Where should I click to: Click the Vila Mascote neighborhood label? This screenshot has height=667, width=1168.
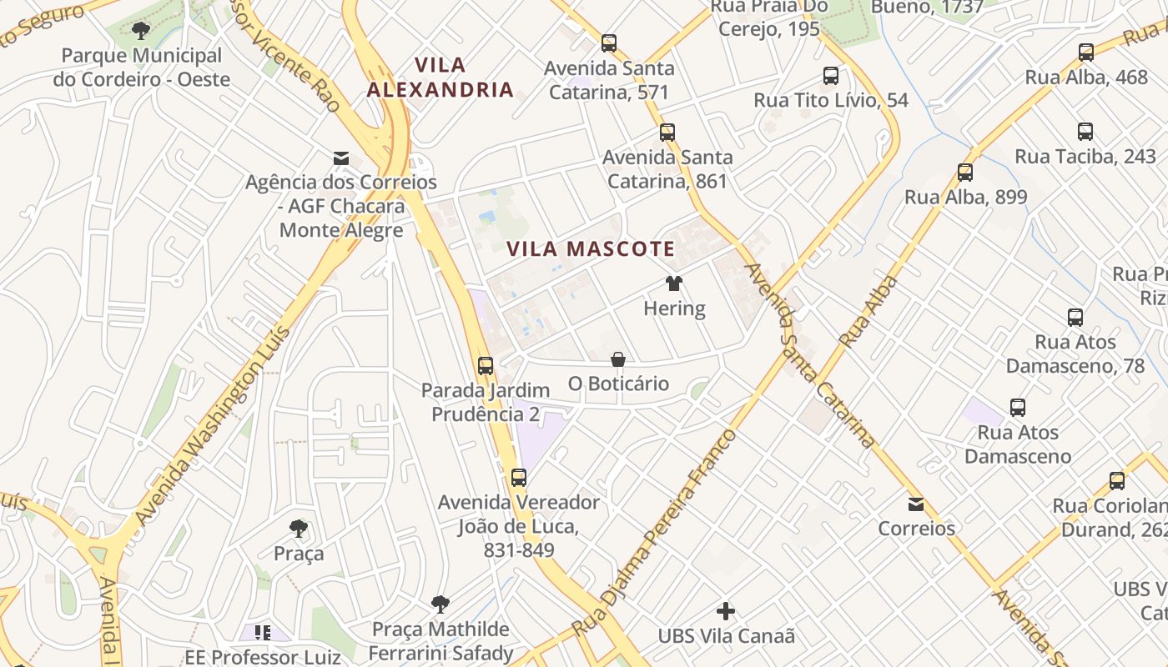(590, 248)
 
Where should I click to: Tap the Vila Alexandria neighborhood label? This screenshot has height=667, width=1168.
(441, 77)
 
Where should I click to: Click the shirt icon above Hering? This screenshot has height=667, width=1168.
(674, 283)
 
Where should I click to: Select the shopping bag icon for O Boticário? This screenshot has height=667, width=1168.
(618, 359)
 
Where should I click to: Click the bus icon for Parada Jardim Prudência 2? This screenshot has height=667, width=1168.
(486, 365)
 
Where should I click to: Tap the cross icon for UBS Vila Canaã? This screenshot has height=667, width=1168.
(726, 611)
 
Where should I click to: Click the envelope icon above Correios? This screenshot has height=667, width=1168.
(916, 504)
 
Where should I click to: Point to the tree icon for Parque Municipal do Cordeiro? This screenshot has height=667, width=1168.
(141, 31)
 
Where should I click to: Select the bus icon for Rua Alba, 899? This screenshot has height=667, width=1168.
(965, 173)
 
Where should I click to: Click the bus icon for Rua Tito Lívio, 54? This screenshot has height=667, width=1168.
(831, 76)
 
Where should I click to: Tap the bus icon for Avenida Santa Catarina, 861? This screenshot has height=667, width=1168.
(667, 132)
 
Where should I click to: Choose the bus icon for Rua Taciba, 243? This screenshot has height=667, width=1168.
(1085, 132)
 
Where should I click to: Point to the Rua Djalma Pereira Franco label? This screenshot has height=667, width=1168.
(656, 534)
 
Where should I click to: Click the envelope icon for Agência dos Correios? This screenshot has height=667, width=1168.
(340, 158)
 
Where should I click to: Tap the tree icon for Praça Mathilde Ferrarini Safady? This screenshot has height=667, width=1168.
(441, 604)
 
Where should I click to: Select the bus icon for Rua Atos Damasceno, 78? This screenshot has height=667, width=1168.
(1075, 318)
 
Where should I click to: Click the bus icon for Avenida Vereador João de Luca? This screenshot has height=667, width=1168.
(519, 478)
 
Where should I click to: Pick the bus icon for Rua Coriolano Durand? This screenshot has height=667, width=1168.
(1117, 480)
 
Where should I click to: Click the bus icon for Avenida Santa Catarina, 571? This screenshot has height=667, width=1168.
(609, 43)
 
